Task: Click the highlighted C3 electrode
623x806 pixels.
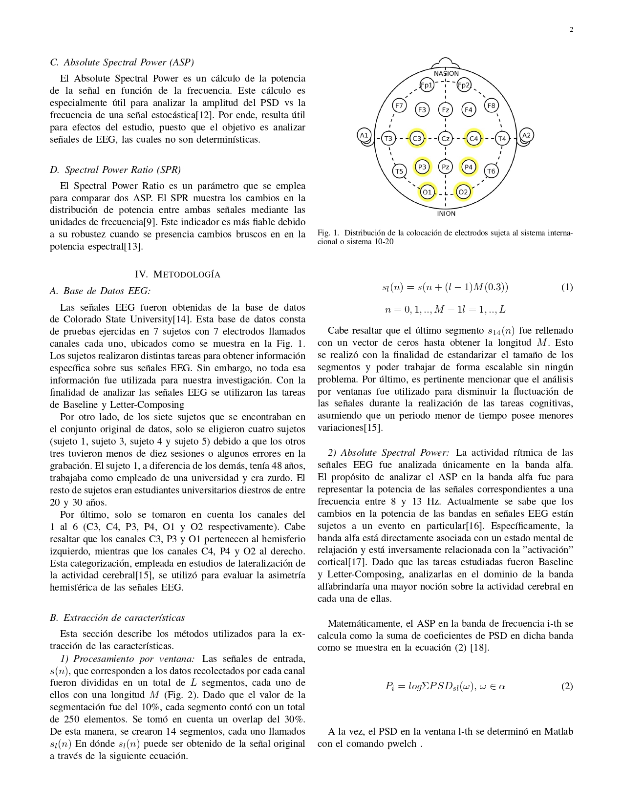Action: pos(417,139)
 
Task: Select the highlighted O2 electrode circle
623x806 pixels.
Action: pos(463,192)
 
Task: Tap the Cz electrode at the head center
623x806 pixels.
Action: pos(446,139)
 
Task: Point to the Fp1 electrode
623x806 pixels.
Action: pos(427,85)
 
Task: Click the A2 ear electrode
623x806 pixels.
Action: pos(526,135)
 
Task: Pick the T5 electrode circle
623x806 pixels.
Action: pos(399,171)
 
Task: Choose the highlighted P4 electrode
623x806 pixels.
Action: pos(469,167)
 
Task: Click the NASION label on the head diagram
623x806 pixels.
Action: pos(446,73)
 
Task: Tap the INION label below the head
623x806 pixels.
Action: pos(446,213)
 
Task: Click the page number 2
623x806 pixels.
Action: pos(571,29)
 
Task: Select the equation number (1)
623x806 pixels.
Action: pos(567,287)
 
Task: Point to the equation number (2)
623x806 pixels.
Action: pos(567,686)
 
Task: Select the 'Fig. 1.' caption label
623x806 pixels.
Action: pos(328,233)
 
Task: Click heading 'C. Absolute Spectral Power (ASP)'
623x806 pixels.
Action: pos(122,63)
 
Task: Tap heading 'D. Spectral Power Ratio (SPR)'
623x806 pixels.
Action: pos(115,170)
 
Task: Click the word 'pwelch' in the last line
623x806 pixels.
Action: pos(403,744)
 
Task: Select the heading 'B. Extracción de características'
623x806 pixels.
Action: pos(117,618)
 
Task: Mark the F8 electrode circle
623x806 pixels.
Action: pos(491,105)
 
